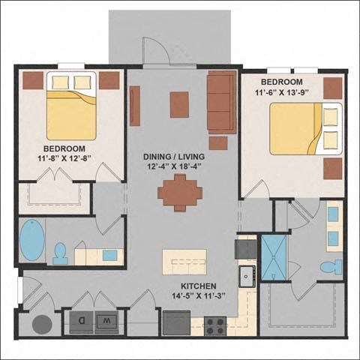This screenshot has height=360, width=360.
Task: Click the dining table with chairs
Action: tap(180, 193)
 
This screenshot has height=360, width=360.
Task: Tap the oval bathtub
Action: tap(32, 240)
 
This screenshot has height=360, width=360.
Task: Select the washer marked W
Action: tap(106, 322)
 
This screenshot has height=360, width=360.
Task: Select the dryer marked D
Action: tap(82, 322)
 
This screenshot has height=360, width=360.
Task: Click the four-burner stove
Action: tap(215, 326)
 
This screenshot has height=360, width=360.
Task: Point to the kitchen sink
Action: tap(247, 276)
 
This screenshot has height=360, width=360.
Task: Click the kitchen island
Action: tap(184, 262)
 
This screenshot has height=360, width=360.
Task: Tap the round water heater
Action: tap(42, 325)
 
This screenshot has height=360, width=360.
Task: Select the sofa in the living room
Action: tap(222, 103)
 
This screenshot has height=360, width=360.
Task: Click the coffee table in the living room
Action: tap(179, 104)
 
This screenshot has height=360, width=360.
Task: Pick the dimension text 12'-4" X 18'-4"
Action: tap(174, 166)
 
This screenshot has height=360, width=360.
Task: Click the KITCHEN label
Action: tap(199, 286)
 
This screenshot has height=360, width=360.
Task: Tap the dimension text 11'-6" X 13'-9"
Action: tap(281, 92)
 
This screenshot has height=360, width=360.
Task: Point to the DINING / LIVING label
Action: tap(174, 157)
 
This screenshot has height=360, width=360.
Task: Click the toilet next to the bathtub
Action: tap(61, 253)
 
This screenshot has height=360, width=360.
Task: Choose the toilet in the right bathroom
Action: tap(331, 267)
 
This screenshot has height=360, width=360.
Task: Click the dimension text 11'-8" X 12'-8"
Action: tap(64, 159)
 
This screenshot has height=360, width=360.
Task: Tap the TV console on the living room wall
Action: tap(135, 106)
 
